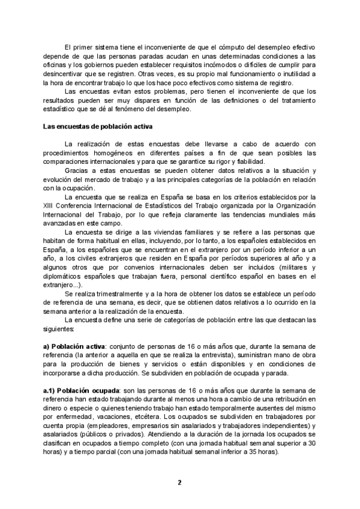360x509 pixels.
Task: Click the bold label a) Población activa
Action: pos(71,346)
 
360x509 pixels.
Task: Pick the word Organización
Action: pos(293,207)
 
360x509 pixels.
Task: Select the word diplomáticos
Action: pos(64,276)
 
